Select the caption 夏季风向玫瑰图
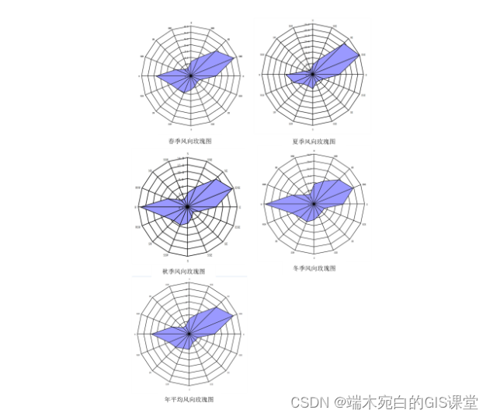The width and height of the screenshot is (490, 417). pos(314,141)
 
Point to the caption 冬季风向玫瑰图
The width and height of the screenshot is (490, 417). pos(315,268)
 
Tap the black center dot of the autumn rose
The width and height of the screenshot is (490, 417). pos(187,207)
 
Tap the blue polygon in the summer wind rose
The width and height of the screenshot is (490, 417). pos(330,65)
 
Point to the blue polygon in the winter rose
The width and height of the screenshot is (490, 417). pos(326,198)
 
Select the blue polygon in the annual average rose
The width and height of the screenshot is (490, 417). pos(203,328)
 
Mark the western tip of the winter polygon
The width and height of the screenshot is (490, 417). pos(266,205)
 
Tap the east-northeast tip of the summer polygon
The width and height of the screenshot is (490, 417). pos(360,54)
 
